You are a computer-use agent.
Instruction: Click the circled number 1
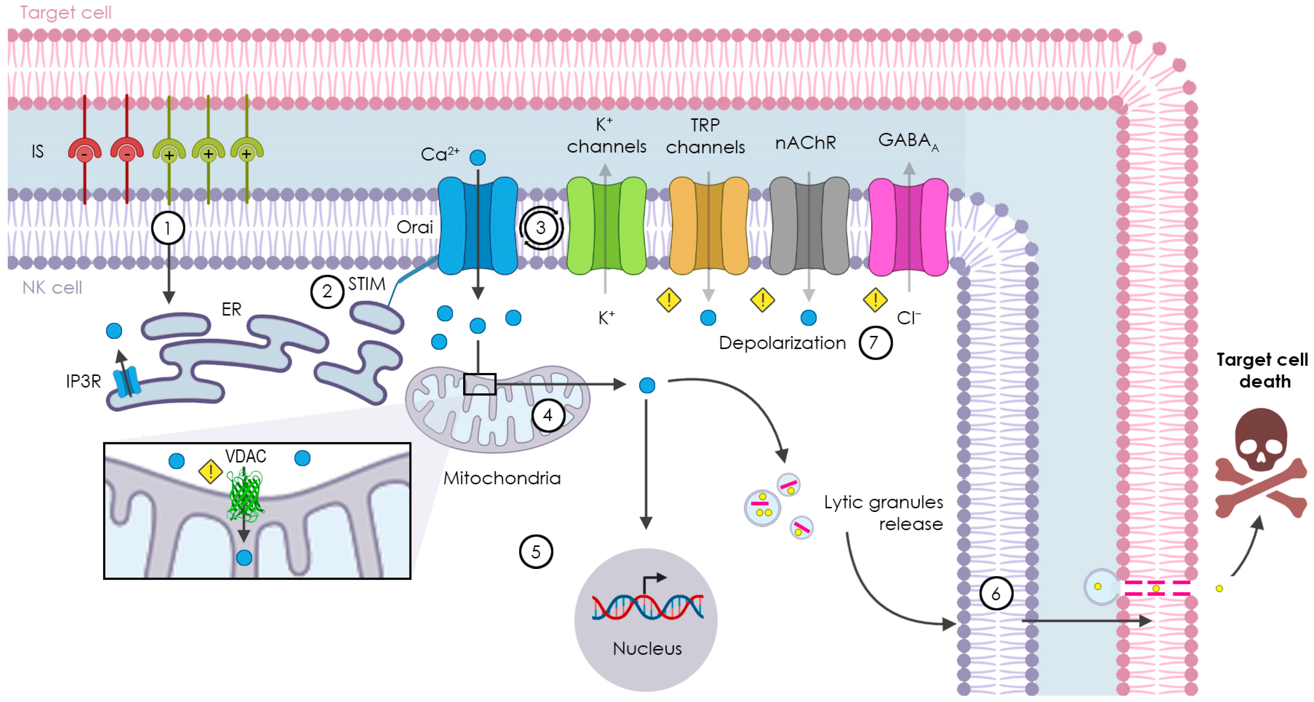[x=168, y=228]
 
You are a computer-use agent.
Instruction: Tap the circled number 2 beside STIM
[x=327, y=291]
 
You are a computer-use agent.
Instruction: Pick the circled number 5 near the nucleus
[x=536, y=552]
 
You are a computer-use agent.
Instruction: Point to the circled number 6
[x=996, y=593]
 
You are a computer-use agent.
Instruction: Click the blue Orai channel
[x=477, y=226]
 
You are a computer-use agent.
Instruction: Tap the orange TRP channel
[x=709, y=226]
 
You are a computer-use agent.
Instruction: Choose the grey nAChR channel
[x=809, y=226]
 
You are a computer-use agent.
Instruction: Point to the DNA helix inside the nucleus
[x=647, y=607]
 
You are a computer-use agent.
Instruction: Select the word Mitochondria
[x=502, y=478]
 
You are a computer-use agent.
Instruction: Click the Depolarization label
[x=782, y=343]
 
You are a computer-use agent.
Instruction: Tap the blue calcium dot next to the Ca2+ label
[x=477, y=158]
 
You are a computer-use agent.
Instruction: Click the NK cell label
[x=52, y=288]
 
